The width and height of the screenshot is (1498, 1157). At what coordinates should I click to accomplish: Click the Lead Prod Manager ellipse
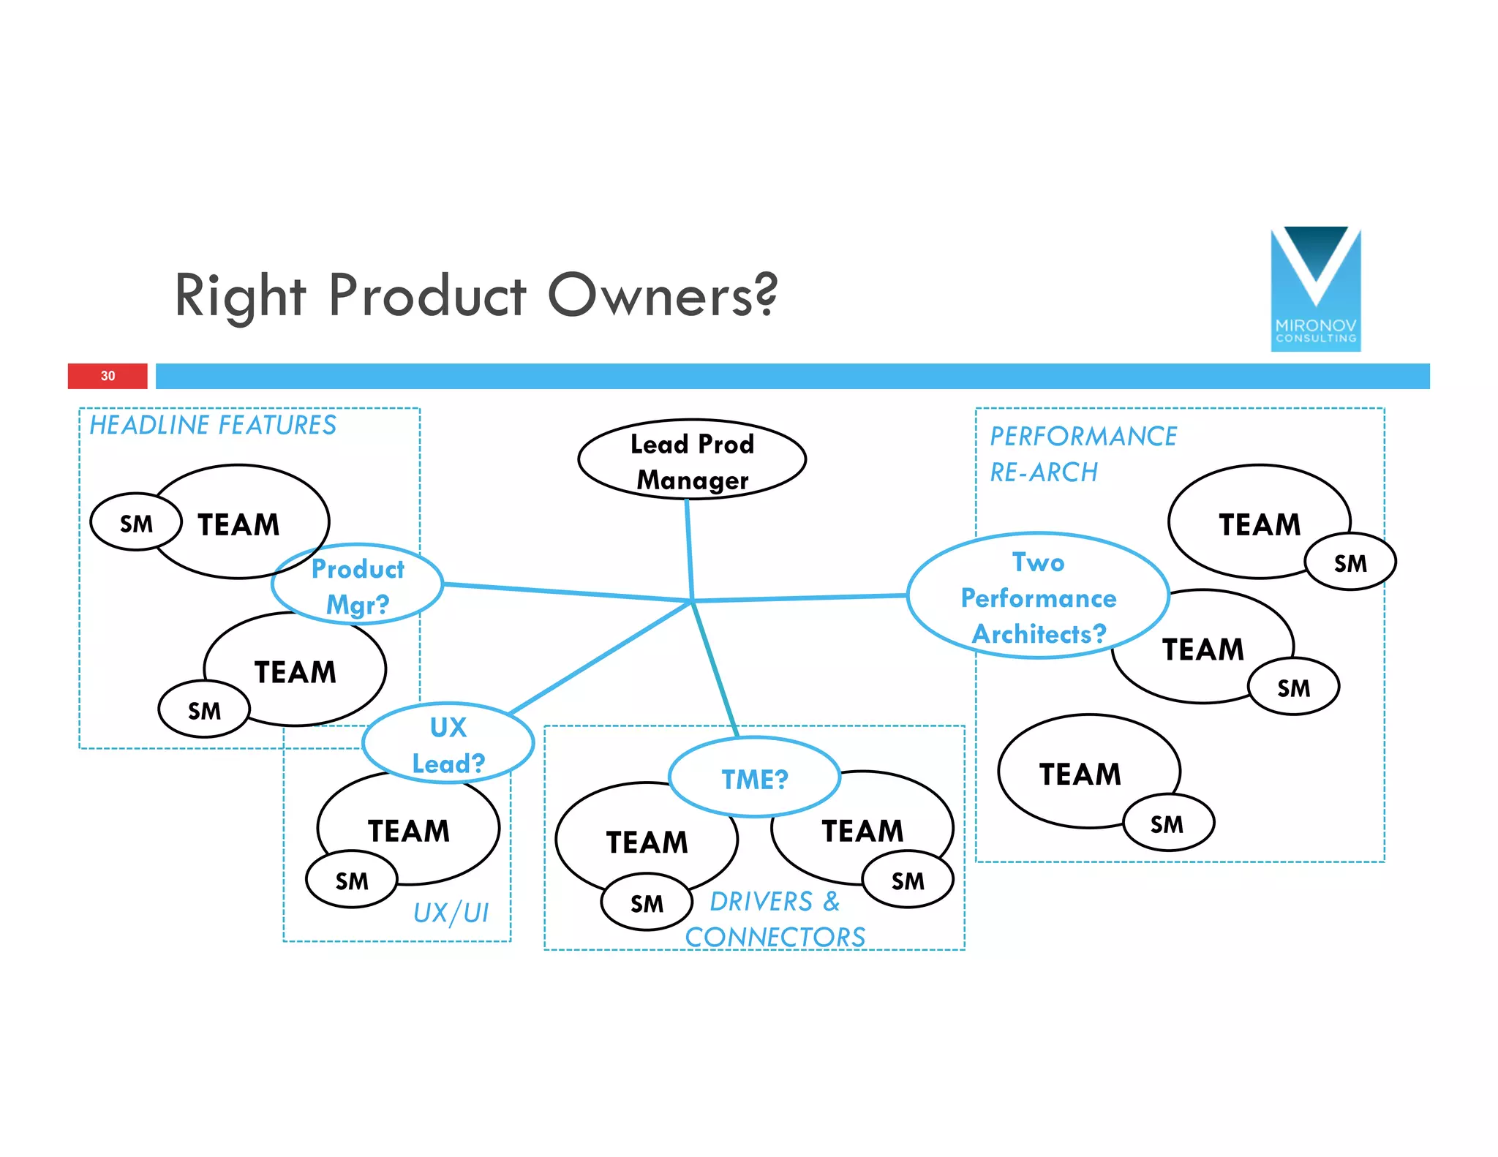pyautogui.click(x=691, y=460)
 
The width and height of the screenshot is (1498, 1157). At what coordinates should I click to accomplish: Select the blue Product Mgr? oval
pyautogui.click(x=357, y=584)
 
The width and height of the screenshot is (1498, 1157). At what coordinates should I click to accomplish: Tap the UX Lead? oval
pyautogui.click(x=448, y=743)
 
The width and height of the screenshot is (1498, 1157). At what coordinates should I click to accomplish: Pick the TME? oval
pyautogui.click(x=754, y=777)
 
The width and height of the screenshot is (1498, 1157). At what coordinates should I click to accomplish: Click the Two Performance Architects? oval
pyautogui.click(x=1037, y=596)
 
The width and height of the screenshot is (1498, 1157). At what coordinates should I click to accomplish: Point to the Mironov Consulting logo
pyautogui.click(x=1315, y=289)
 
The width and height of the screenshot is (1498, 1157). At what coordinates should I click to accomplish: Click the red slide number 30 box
pyautogui.click(x=108, y=376)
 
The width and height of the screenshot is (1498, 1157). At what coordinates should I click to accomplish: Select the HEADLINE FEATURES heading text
pyautogui.click(x=213, y=425)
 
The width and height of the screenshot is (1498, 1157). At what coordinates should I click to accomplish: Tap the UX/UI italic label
pyautogui.click(x=451, y=913)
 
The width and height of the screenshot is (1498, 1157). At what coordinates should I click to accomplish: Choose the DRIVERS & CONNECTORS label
pyautogui.click(x=775, y=919)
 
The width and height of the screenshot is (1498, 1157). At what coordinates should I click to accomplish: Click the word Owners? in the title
pyautogui.click(x=662, y=295)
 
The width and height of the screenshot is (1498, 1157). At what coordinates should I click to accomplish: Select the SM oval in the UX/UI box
pyautogui.click(x=352, y=880)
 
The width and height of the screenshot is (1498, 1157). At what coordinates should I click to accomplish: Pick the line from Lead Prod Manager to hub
pyautogui.click(x=689, y=549)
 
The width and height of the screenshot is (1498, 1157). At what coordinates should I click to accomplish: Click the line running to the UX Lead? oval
pyautogui.click(x=600, y=657)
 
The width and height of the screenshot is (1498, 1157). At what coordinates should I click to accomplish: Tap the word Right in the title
pyautogui.click(x=240, y=295)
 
